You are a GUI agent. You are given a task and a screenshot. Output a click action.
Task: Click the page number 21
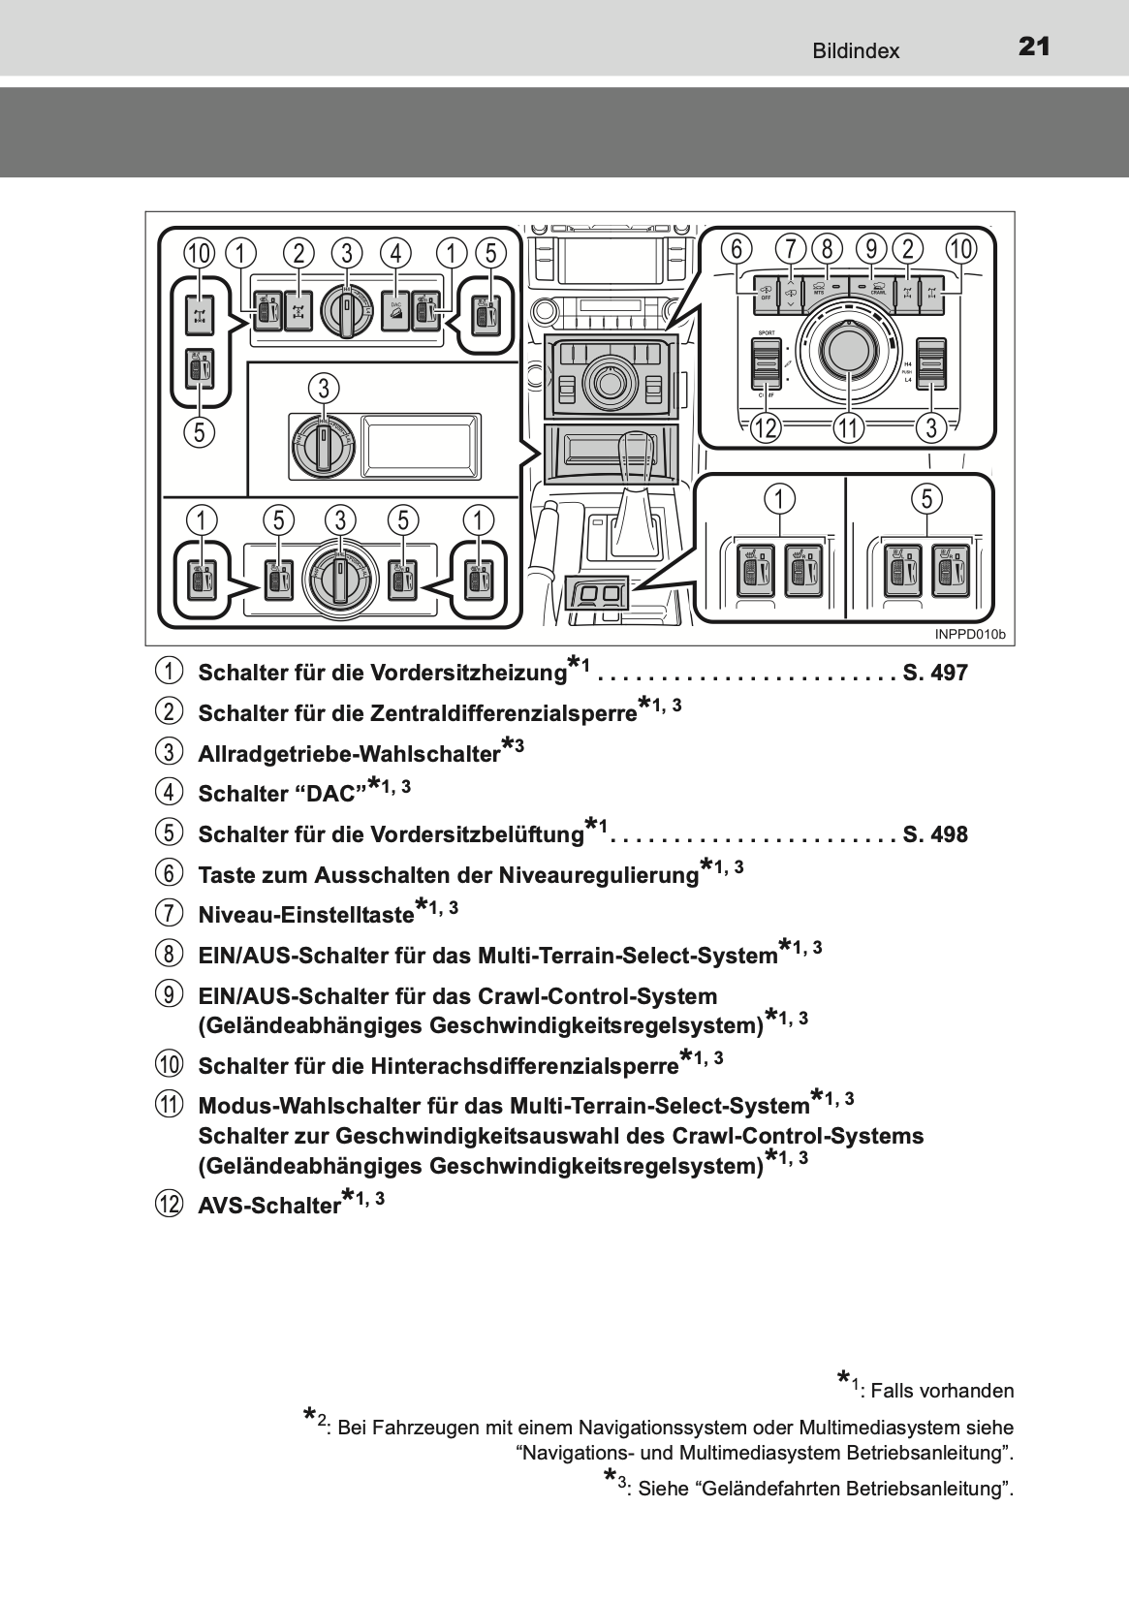[x=1034, y=47]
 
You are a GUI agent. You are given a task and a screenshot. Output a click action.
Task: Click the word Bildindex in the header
[x=856, y=51]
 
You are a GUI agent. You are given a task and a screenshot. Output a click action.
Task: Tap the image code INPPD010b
[x=970, y=635]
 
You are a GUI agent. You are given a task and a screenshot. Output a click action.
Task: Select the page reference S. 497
[x=935, y=674]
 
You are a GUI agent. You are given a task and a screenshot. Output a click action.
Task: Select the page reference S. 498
[x=935, y=835]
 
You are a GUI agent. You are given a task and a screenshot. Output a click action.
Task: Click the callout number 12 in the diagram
[x=766, y=427]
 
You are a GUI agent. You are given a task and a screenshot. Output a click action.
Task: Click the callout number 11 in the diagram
[x=849, y=427]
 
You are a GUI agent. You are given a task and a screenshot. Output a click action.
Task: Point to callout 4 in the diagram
[x=395, y=253]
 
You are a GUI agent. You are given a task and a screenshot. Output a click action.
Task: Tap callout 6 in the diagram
[x=737, y=249]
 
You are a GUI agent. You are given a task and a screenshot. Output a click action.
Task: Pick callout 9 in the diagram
[x=871, y=249]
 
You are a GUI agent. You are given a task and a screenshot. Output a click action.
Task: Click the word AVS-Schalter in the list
[x=268, y=1208]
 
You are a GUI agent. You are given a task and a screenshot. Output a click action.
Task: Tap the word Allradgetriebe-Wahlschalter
[x=348, y=755]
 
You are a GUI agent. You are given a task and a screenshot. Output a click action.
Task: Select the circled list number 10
[x=169, y=1065]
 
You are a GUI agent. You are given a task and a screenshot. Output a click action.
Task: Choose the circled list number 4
[x=169, y=793]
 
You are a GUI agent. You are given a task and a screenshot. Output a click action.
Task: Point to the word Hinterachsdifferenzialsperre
[x=524, y=1067]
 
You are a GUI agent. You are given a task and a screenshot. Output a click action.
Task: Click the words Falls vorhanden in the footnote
[x=942, y=1392]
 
